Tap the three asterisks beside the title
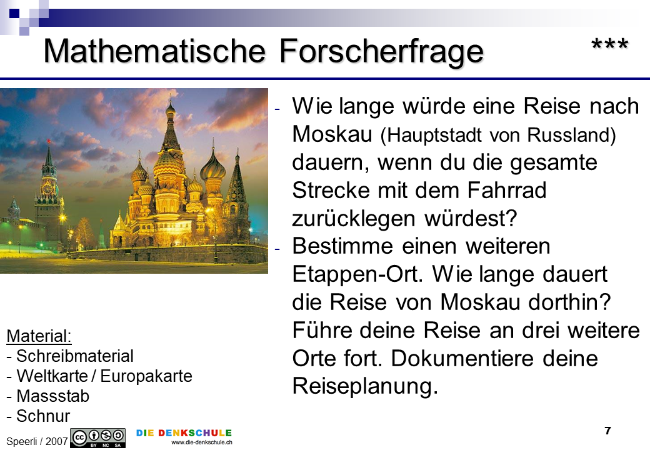click(610, 44)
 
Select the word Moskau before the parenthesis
click(332, 134)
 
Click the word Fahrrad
click(507, 190)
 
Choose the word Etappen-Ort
click(357, 275)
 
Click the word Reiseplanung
click(365, 387)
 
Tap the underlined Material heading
click(39, 336)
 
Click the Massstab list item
click(48, 396)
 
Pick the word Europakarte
click(146, 376)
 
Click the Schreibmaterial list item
click(70, 356)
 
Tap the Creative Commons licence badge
click(98, 438)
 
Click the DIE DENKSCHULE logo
click(184, 433)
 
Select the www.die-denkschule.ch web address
click(202, 442)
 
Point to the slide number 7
click(607, 431)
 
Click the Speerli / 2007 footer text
click(37, 441)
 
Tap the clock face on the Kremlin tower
click(47, 189)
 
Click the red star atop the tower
click(49, 141)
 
